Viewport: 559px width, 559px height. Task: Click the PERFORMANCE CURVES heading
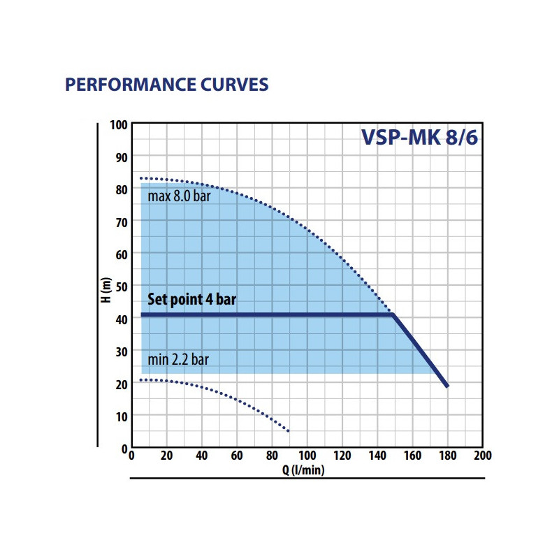coord(166,85)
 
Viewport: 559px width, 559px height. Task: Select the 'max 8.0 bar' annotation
coord(179,196)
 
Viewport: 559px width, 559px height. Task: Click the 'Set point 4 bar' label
coord(191,300)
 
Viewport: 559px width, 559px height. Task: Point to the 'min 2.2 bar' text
coord(179,360)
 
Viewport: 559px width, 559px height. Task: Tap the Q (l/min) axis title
coord(303,470)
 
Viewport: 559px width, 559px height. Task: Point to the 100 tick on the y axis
coord(119,125)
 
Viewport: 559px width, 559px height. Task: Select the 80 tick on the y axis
coord(121,189)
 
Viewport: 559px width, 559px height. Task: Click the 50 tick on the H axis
coord(121,286)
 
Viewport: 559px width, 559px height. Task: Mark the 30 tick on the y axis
coord(121,351)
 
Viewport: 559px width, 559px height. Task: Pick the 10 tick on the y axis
coord(121,416)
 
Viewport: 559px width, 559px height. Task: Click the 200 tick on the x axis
coord(482,456)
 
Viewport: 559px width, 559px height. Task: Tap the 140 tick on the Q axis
coord(377,456)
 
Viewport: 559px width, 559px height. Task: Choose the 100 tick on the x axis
coord(307,456)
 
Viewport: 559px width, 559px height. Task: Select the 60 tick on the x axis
coord(237,456)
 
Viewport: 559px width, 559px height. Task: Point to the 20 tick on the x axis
coord(166,456)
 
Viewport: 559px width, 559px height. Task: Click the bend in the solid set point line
coord(393,315)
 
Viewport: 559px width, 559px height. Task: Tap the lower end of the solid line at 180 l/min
coord(447,386)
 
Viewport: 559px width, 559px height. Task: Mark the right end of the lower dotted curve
coord(288,430)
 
